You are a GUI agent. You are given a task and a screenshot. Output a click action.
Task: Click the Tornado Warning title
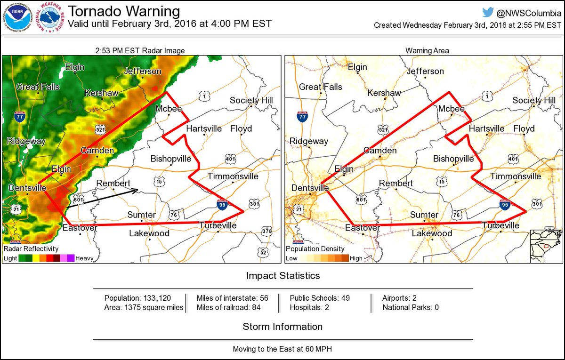(x=124, y=11)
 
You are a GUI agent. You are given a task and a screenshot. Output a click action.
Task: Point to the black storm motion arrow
(x=102, y=198)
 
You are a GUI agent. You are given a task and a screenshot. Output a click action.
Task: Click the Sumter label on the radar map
(x=141, y=215)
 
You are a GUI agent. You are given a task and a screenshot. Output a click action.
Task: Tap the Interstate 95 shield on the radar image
(x=223, y=204)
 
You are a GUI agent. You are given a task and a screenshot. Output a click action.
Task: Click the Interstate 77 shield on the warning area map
(x=302, y=116)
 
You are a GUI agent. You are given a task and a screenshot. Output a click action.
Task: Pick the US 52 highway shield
(x=263, y=253)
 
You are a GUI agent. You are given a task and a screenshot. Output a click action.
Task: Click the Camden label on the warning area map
(x=380, y=151)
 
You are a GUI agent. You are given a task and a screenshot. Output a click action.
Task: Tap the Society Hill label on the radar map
(x=251, y=100)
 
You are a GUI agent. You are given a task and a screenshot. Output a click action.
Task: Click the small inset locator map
(x=546, y=246)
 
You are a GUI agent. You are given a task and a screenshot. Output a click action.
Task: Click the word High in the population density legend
(x=356, y=258)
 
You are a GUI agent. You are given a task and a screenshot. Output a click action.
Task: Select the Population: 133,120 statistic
(x=137, y=298)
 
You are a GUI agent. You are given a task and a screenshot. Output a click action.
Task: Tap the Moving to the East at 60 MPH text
(x=282, y=349)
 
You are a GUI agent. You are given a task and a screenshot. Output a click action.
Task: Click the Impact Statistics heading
(x=282, y=275)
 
